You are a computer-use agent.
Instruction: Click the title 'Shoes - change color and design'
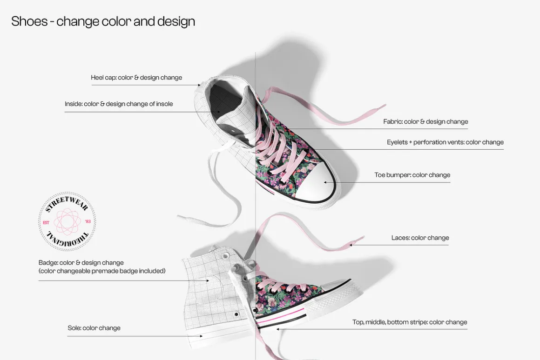(x=103, y=21)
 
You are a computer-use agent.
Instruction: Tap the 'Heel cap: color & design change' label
(x=136, y=77)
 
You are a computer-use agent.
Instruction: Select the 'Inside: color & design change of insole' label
(x=119, y=104)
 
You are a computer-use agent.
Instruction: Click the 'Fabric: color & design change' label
(x=425, y=121)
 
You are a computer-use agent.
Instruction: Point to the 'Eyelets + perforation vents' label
(x=445, y=142)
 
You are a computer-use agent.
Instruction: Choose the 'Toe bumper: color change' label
(x=412, y=175)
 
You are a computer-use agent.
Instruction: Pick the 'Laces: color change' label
(x=420, y=238)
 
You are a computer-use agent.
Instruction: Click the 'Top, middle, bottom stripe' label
(x=410, y=322)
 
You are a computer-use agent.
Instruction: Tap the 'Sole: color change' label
(x=94, y=328)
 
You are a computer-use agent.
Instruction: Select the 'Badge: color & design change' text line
(x=81, y=263)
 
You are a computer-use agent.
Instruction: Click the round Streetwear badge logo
(x=67, y=221)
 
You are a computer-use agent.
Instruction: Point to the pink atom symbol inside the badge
(x=67, y=222)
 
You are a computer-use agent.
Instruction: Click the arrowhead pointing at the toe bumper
(x=325, y=182)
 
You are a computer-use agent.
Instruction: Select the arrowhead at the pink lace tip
(x=351, y=245)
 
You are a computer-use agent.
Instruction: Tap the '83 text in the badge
(x=88, y=222)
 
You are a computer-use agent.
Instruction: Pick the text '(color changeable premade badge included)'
(x=102, y=271)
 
